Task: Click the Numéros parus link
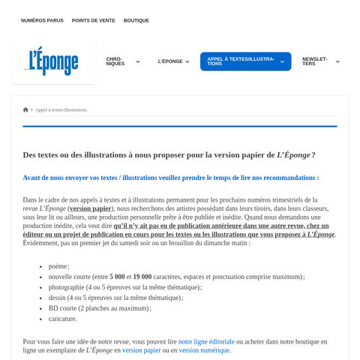point(42,20)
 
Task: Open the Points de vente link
point(94,20)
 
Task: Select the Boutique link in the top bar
point(136,20)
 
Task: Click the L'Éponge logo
point(52,61)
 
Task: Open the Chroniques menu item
point(115,61)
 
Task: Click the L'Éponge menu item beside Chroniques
point(170,61)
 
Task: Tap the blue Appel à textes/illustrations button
point(241,61)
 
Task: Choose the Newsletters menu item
point(316,61)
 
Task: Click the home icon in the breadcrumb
point(25,109)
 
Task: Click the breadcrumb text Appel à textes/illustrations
point(61,109)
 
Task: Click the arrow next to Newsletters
point(337,61)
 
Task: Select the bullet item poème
point(58,266)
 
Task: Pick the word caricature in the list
point(62,319)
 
